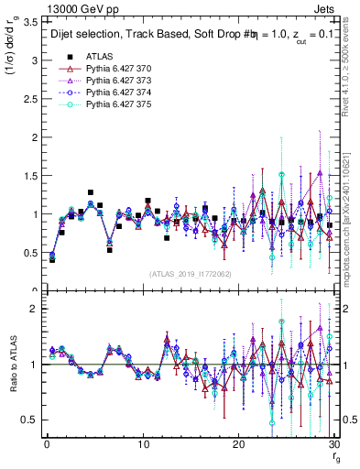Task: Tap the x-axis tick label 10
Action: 143,444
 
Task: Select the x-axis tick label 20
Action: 238,444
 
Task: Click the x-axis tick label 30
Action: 333,444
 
